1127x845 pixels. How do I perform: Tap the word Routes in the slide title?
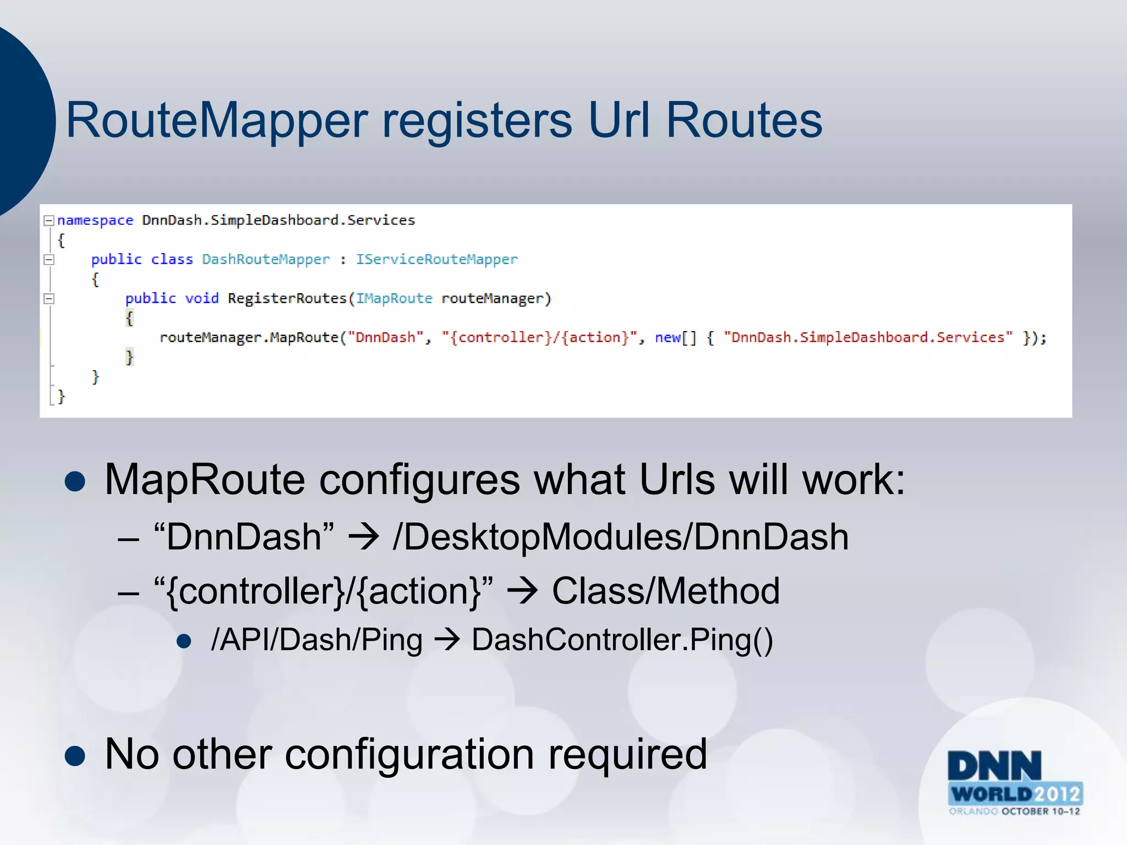pos(744,120)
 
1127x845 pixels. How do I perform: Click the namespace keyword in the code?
pos(95,221)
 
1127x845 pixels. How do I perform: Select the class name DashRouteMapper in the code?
pos(266,260)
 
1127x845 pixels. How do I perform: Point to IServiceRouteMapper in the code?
pos(436,260)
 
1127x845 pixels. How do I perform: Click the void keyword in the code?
pos(201,299)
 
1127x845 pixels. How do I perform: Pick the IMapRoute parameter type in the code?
pos(394,299)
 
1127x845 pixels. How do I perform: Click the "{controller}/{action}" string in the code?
pos(539,337)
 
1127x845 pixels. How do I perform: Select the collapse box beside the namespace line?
pos(49,221)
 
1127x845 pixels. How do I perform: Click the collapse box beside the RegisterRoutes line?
pos(49,299)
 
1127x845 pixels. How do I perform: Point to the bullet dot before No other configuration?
pos(75,755)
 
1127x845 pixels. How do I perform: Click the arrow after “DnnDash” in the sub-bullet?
pos(363,537)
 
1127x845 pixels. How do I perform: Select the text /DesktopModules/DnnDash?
pos(620,537)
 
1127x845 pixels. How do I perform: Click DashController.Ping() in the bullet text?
pos(622,640)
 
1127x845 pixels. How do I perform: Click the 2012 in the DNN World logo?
pos(1058,794)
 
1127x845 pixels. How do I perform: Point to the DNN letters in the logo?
pos(994,766)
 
